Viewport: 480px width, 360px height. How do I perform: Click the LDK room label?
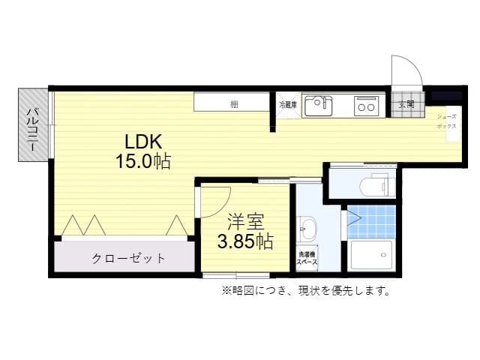point(143,142)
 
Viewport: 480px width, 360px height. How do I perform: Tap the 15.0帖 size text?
point(142,160)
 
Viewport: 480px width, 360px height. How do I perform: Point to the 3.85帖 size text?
point(244,241)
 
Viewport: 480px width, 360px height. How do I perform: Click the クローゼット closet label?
point(128,259)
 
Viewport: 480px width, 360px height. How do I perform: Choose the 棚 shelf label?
point(235,103)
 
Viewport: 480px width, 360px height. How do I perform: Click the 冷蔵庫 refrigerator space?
point(287,105)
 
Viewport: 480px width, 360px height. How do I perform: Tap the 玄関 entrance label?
point(406,104)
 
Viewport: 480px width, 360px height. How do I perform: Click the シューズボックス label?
point(447,122)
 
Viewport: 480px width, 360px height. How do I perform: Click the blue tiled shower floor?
point(372,221)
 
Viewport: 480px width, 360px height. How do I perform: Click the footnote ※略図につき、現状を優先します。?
point(305,290)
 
